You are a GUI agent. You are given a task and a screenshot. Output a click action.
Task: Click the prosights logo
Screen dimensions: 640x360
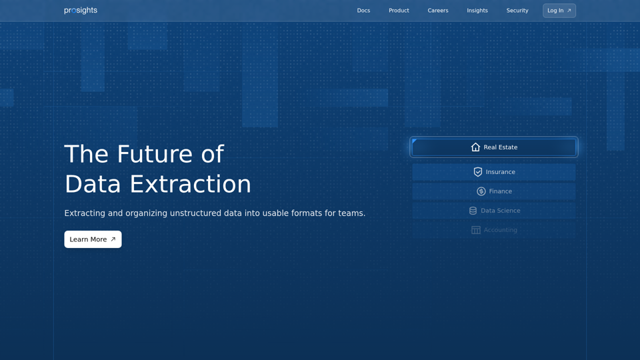click(x=81, y=11)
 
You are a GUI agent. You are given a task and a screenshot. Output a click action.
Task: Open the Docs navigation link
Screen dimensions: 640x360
click(x=363, y=11)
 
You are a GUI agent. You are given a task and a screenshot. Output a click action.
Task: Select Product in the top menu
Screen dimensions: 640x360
click(x=399, y=11)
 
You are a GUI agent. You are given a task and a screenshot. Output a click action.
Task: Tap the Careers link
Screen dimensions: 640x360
click(x=438, y=11)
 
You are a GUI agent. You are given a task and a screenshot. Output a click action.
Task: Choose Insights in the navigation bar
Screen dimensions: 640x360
click(x=477, y=11)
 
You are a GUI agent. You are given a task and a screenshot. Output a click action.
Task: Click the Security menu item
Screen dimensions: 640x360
click(x=517, y=11)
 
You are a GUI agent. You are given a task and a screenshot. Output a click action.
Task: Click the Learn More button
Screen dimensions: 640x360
click(x=93, y=239)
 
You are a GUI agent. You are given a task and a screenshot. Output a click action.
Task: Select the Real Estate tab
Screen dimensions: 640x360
click(x=494, y=147)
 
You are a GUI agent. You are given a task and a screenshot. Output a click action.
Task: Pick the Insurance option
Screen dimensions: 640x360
click(x=494, y=172)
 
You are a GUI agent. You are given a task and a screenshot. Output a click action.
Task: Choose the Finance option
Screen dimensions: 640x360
click(x=494, y=191)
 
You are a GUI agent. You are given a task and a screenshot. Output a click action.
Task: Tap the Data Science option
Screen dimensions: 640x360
click(x=494, y=211)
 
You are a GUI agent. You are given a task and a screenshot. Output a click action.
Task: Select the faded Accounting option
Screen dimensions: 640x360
click(x=494, y=230)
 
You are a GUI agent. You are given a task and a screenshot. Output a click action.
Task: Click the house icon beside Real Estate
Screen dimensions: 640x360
click(x=475, y=147)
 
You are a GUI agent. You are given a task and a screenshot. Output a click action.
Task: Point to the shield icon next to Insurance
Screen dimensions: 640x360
click(x=477, y=172)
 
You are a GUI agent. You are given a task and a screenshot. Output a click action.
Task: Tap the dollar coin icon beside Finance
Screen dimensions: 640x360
click(x=481, y=191)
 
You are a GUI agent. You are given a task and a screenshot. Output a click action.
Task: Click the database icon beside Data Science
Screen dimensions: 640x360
click(x=473, y=211)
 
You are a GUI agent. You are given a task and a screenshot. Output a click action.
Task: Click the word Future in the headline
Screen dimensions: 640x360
click(x=154, y=154)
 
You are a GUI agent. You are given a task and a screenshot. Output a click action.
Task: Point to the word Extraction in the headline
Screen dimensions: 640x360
click(x=190, y=184)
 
